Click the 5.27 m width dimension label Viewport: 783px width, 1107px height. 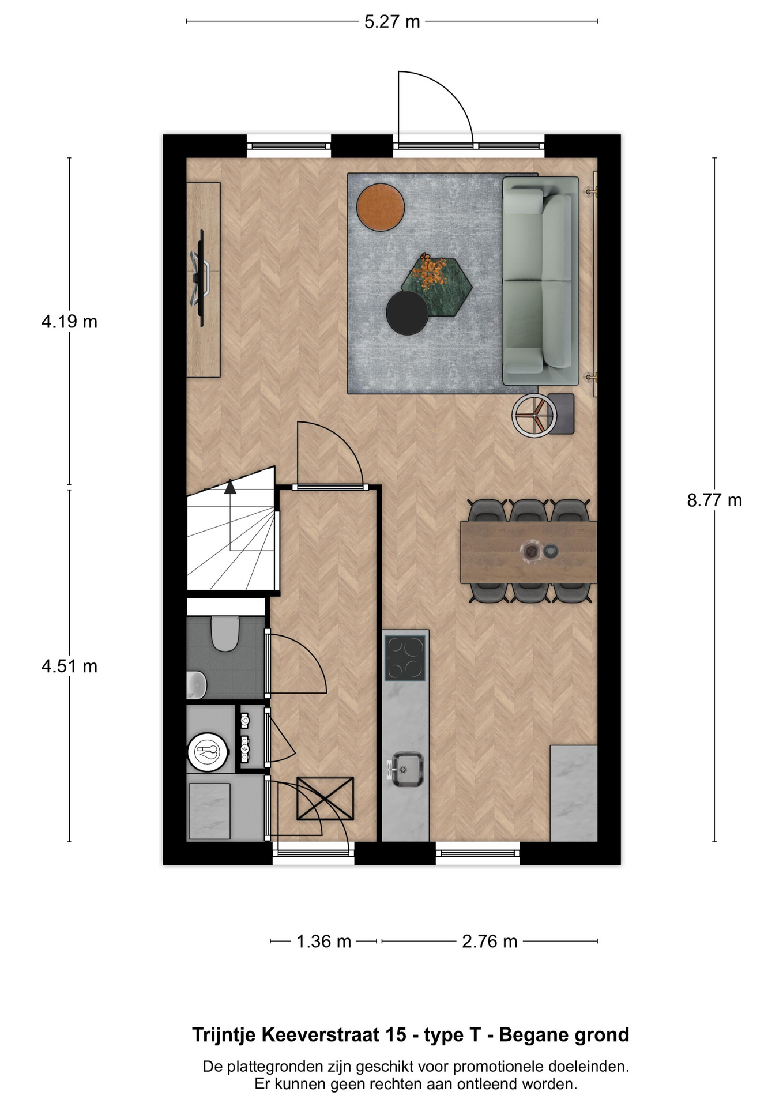(x=392, y=22)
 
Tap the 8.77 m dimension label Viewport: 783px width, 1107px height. (x=714, y=500)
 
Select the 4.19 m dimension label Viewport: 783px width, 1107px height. (x=69, y=322)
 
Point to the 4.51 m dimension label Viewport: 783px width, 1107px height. (x=69, y=667)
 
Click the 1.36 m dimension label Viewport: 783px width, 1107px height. (x=323, y=942)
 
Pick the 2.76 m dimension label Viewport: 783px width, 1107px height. (x=490, y=942)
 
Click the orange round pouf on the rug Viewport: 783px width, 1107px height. (x=381, y=207)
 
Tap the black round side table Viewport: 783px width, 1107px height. (x=408, y=313)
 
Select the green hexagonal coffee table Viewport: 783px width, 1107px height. (x=436, y=286)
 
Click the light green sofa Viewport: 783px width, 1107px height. (x=540, y=281)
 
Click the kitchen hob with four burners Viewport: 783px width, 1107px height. (x=405, y=657)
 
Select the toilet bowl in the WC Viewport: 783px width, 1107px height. (x=225, y=634)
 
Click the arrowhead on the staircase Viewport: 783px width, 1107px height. (x=230, y=487)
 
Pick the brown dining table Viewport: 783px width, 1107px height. (x=529, y=552)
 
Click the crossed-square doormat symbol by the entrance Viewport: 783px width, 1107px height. (x=325, y=799)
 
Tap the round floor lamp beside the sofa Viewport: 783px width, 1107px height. (x=534, y=415)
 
